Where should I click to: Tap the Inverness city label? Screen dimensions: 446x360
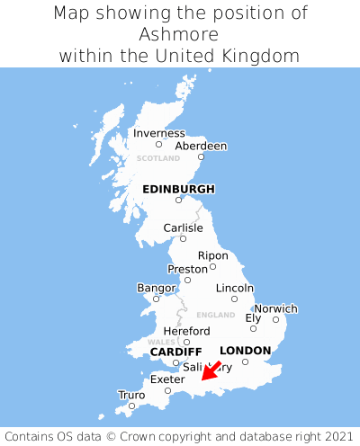[158, 133]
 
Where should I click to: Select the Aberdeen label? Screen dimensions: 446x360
[201, 146]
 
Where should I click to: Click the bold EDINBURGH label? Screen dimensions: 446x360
[178, 189]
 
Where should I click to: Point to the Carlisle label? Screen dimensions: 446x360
[183, 227]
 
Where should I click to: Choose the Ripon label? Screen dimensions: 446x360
[212, 255]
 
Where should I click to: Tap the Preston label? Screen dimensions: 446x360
[187, 269]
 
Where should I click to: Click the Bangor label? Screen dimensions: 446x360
[156, 288]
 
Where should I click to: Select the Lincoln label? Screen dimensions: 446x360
[235, 288]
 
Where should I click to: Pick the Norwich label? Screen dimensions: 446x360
[275, 308]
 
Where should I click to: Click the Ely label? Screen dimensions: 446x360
[253, 317]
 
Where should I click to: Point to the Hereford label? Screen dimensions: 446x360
[186, 331]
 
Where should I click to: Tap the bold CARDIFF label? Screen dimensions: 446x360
[175, 351]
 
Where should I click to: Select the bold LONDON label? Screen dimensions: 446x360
[245, 351]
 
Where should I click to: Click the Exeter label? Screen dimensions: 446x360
[166, 379]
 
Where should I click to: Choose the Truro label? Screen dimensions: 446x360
[131, 395]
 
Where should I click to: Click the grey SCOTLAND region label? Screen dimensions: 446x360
[158, 158]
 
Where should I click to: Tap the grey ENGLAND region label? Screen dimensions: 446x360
[215, 315]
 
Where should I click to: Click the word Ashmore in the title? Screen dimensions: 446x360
[180, 34]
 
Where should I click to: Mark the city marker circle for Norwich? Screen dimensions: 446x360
[275, 319]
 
